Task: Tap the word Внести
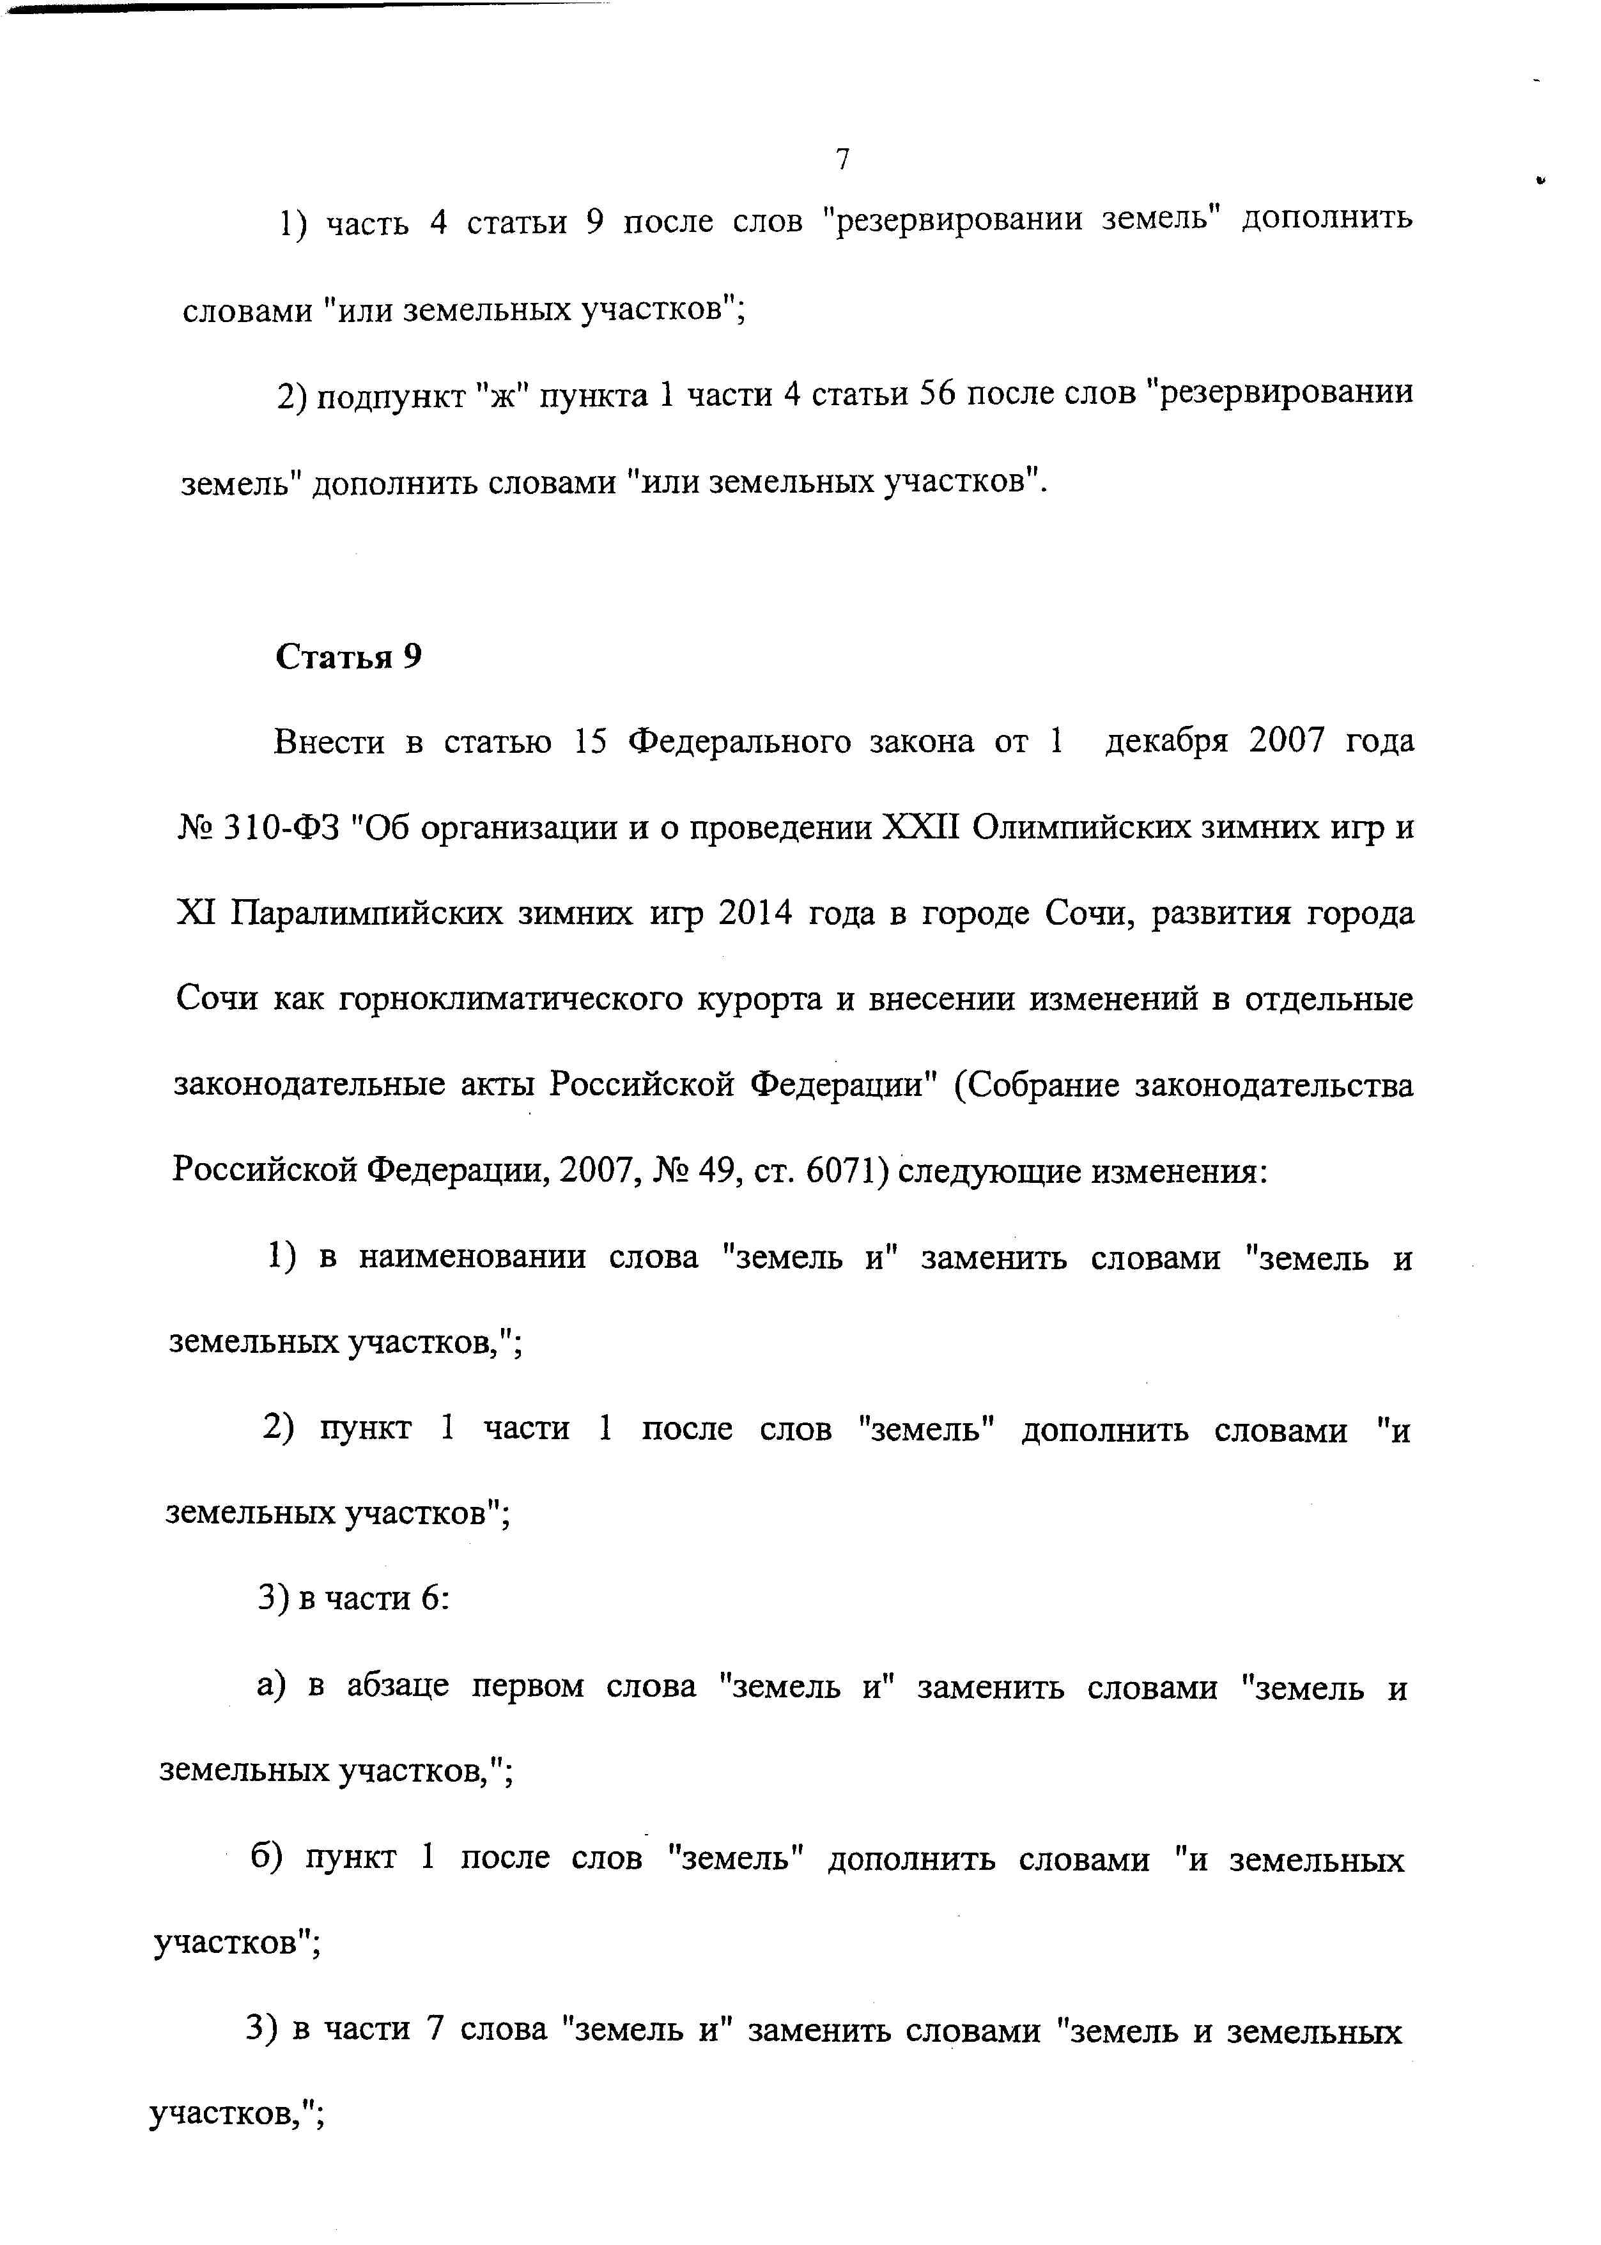(329, 741)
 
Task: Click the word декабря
(1167, 741)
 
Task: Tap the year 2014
(755, 914)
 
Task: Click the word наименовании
(472, 1258)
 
